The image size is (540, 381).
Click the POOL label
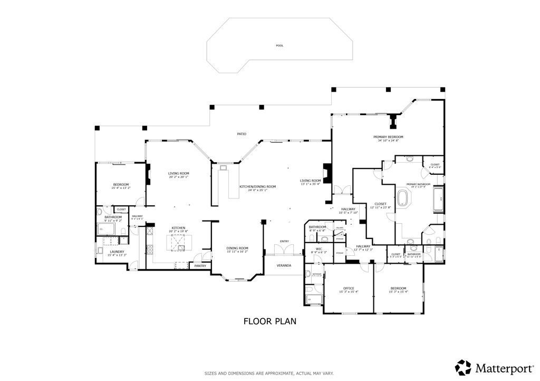[279, 46]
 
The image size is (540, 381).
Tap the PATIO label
[242, 134]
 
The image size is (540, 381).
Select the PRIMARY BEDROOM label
[390, 137]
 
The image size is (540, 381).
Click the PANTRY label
[200, 266]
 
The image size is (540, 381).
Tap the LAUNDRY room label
[117, 252]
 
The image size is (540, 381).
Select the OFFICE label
[348, 288]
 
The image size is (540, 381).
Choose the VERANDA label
[284, 265]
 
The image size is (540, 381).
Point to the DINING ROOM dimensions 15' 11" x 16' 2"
[237, 252]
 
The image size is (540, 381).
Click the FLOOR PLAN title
[269, 320]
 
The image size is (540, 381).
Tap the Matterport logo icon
[464, 367]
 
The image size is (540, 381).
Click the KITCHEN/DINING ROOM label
[258, 186]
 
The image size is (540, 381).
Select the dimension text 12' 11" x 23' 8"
[380, 207]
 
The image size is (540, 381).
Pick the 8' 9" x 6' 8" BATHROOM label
[317, 227]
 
